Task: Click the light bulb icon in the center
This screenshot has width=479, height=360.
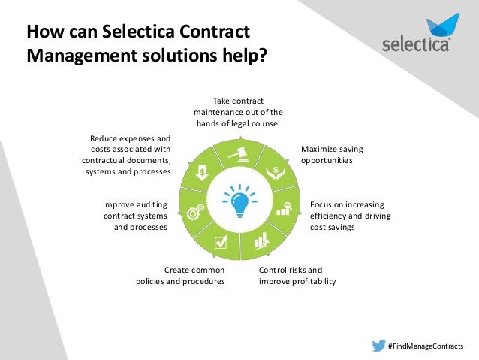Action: pos(239,201)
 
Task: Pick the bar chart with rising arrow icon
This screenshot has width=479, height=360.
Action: pos(261,241)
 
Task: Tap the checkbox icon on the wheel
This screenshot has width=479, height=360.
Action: pos(221,241)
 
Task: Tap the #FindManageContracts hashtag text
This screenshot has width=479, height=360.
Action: pos(425,346)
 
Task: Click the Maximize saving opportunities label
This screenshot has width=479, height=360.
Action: pos(327,155)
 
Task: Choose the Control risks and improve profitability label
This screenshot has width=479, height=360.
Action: pos(297,275)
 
